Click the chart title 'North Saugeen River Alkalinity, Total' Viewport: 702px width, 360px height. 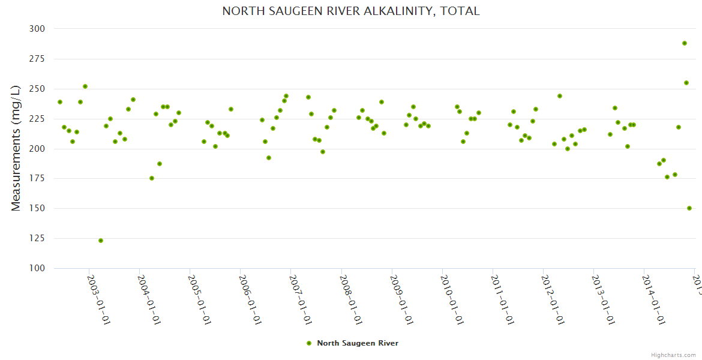tap(351, 11)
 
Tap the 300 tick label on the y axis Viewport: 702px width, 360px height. tap(37, 29)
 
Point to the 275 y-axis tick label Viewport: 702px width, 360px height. tap(37, 59)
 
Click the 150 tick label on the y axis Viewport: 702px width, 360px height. tap(37, 208)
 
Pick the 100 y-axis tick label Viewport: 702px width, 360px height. tap(37, 268)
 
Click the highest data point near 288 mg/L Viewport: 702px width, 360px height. tap(685, 43)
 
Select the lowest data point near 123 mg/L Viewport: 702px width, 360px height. tap(101, 241)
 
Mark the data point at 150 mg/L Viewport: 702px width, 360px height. tap(689, 208)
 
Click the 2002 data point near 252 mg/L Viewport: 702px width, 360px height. tap(85, 86)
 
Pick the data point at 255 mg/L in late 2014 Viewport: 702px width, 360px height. tap(686, 83)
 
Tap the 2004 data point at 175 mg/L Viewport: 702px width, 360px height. tap(152, 178)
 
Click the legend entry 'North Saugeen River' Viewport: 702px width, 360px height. tap(357, 343)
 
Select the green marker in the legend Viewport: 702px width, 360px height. tap(309, 343)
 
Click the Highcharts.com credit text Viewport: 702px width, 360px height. tap(673, 355)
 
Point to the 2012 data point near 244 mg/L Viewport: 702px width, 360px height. tap(560, 96)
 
